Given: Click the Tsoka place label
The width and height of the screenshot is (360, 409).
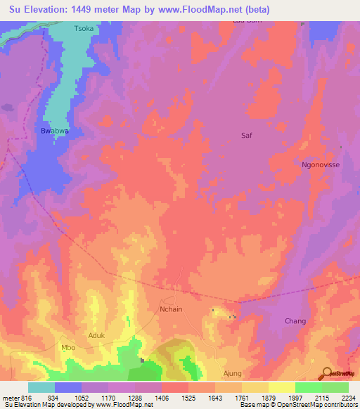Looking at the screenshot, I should pyautogui.click(x=84, y=30).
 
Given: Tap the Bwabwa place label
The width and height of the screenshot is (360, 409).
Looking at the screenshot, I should pyautogui.click(x=53, y=131).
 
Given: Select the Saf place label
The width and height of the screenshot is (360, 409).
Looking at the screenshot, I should pyautogui.click(x=246, y=134).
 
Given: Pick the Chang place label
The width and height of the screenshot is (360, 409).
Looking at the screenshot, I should pyautogui.click(x=295, y=321).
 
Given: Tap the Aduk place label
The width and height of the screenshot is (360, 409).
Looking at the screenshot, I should pyautogui.click(x=96, y=335).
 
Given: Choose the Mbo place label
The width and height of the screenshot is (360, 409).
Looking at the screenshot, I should pyautogui.click(x=68, y=347).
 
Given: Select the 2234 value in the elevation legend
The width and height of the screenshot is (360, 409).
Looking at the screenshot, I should pyautogui.click(x=348, y=397).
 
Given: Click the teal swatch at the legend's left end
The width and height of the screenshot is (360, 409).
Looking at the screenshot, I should pyautogui.click(x=41, y=387).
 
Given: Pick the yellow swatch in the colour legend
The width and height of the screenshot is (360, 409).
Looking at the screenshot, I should pyautogui.click(x=281, y=387).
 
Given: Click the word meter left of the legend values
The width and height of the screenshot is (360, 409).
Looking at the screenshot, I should pyautogui.click(x=10, y=397).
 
